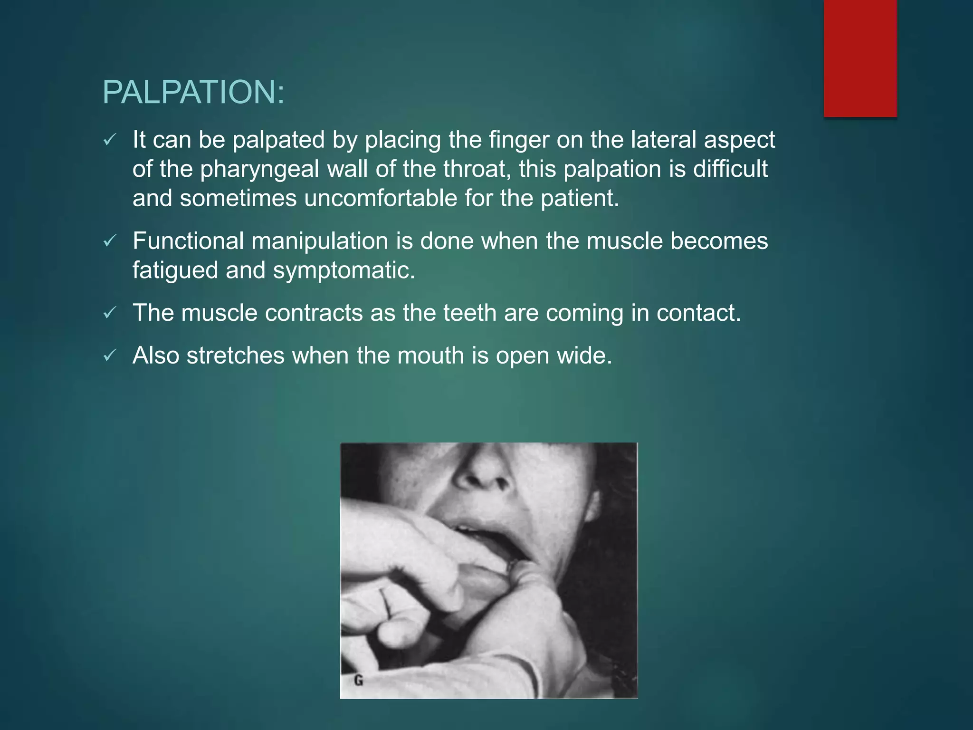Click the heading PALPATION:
click(193, 92)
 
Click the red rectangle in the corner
click(860, 58)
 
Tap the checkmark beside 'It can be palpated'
click(110, 140)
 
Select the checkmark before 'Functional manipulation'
click(110, 241)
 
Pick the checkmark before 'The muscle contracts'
click(110, 313)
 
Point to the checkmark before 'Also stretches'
click(110, 355)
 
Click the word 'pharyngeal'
click(259, 170)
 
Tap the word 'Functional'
click(188, 241)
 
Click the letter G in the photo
click(359, 681)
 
